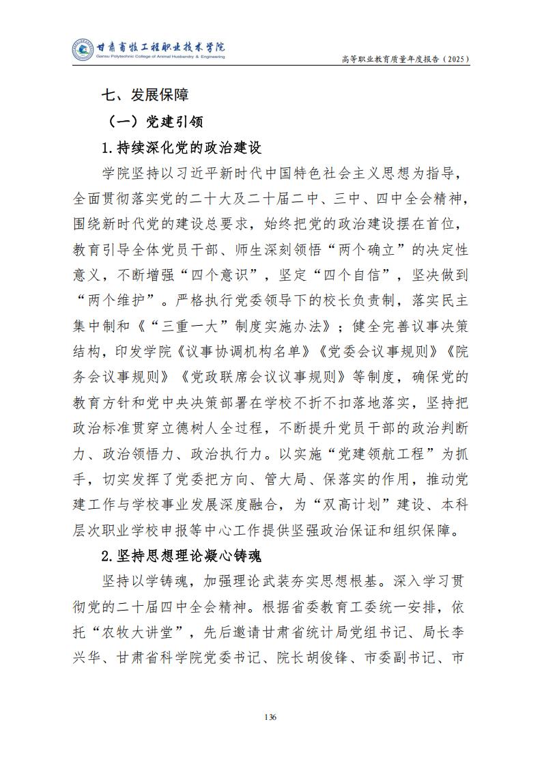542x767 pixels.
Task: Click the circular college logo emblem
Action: (x=83, y=49)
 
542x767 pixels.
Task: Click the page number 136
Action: (x=270, y=716)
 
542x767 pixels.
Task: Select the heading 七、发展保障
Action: (x=144, y=94)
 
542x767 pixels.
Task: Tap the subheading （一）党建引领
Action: (x=155, y=121)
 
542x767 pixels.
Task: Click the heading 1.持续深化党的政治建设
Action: (x=181, y=148)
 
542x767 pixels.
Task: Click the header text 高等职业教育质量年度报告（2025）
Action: (x=405, y=59)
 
